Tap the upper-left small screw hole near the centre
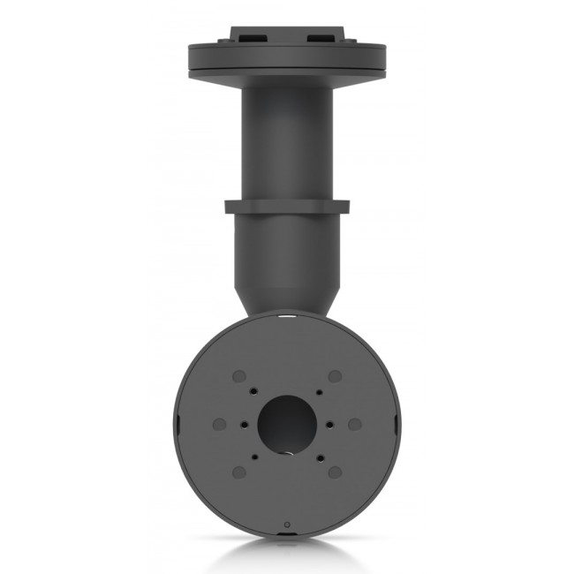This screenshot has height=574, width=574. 254,391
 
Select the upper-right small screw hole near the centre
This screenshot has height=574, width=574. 318,391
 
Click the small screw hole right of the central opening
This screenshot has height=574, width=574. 331,424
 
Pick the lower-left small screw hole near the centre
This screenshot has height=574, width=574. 254,457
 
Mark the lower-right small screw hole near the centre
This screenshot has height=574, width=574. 318,457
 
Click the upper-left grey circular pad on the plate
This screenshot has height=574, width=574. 238,376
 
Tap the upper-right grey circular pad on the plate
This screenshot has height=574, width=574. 335,376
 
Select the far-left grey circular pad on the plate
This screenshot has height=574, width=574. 219,424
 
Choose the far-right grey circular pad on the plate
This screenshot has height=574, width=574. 354,424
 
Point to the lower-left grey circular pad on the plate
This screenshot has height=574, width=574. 238,472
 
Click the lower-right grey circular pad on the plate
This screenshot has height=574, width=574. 335,472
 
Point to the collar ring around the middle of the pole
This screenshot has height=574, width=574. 286,208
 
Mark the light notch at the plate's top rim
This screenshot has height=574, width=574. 286,313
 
